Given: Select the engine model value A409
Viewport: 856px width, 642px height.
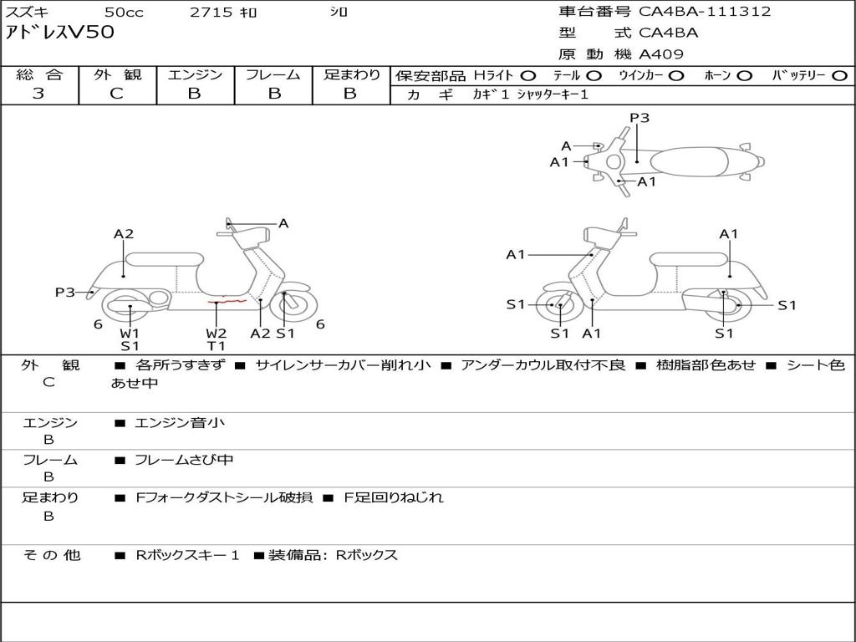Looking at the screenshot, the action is (x=661, y=54).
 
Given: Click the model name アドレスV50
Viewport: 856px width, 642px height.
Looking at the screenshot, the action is (x=59, y=33).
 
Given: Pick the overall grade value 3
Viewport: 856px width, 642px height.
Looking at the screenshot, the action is (x=38, y=94).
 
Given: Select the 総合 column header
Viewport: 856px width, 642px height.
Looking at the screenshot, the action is (x=39, y=74).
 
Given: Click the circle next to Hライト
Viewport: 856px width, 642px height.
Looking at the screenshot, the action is (x=528, y=75).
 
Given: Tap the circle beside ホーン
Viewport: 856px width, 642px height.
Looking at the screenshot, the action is (x=745, y=75).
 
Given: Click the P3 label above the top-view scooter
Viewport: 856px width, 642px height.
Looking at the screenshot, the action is (x=639, y=118).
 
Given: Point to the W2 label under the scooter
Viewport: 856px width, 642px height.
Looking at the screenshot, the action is (x=217, y=333).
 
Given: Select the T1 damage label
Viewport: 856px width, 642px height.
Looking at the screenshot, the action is (x=217, y=345).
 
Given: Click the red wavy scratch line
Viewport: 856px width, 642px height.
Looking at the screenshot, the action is (x=227, y=300).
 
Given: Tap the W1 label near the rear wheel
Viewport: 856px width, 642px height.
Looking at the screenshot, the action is (x=130, y=333).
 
